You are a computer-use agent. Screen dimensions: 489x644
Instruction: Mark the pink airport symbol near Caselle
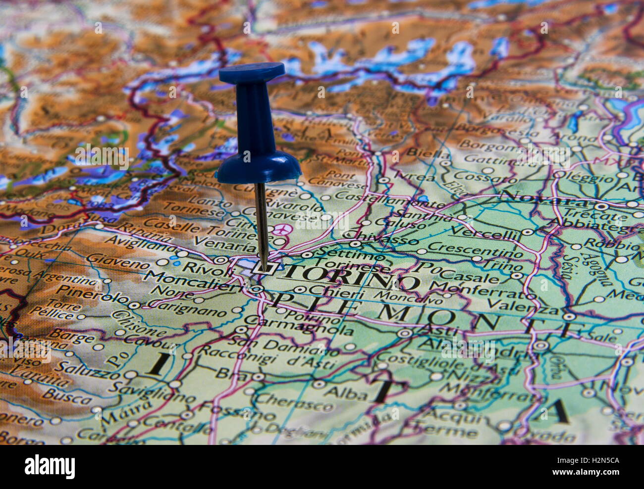282,230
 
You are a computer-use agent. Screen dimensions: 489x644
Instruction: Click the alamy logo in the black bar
50,466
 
